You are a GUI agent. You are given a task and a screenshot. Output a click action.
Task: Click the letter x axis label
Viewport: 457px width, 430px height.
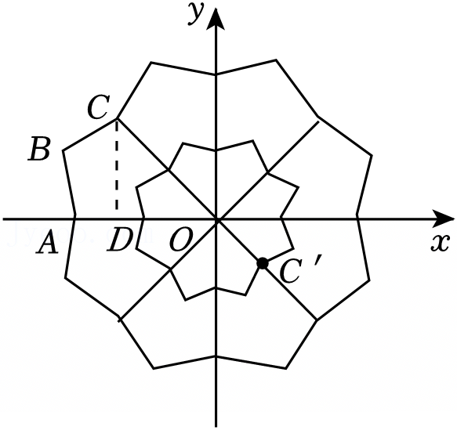tap(440, 242)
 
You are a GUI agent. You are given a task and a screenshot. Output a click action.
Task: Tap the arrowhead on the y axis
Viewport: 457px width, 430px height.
tap(216, 19)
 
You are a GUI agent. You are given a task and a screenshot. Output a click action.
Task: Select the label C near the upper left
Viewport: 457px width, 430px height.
tap(99, 107)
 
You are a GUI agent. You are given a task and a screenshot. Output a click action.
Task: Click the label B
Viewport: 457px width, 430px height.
tap(40, 149)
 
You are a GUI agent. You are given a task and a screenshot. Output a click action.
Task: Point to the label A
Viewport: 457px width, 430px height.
tap(46, 241)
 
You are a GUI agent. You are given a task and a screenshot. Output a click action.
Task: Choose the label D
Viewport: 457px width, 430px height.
tap(119, 240)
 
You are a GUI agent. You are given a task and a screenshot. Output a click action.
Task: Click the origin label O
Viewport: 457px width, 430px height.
tap(181, 240)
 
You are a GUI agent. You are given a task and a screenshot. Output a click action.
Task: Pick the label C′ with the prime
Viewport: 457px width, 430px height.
tap(300, 269)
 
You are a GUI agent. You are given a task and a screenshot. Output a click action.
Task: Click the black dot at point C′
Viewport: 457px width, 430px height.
tap(263, 263)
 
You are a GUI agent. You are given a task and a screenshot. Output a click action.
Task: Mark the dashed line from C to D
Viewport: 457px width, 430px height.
tap(117, 164)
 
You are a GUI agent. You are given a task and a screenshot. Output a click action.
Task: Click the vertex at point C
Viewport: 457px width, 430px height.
tap(117, 118)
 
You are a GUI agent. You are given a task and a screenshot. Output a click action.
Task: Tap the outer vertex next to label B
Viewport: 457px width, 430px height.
tap(63, 150)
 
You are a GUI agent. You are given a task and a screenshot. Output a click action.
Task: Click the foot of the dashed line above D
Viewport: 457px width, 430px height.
tap(117, 209)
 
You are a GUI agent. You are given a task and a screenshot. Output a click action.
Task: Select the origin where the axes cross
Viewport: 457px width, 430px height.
tap(216, 219)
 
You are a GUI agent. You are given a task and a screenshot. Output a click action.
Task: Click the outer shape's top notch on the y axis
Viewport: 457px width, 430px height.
tap(216, 75)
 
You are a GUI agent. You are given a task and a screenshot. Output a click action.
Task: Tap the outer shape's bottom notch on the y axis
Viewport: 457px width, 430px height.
tap(216, 356)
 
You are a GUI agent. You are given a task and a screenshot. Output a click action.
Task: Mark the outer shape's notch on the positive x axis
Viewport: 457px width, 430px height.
tap(357, 216)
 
